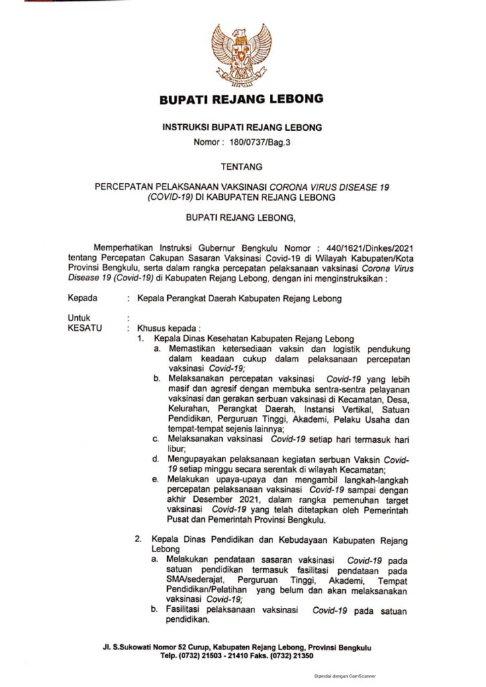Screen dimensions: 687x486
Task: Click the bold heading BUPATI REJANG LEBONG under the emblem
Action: point(241,99)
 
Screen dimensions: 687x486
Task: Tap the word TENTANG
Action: point(241,166)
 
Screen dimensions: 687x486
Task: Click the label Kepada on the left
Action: point(82,299)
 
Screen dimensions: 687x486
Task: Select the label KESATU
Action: point(85,328)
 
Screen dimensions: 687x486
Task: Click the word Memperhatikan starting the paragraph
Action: point(132,247)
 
